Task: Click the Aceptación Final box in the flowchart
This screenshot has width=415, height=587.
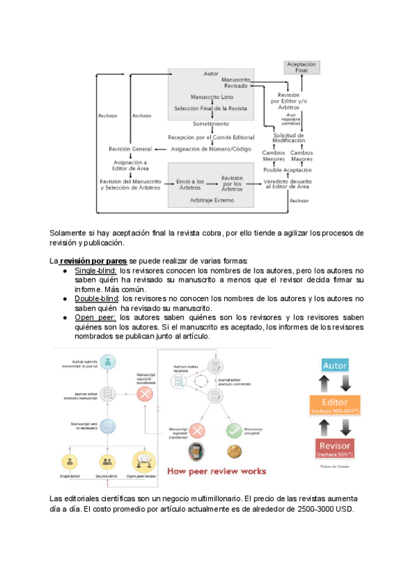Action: coord(302,67)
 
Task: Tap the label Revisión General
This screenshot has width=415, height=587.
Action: coord(130,149)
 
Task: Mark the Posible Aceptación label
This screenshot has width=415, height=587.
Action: coord(288,170)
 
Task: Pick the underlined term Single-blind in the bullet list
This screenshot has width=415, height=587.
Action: coord(96,270)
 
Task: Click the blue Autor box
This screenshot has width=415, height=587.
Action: coord(335,365)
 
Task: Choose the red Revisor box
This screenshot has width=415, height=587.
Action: coord(335,447)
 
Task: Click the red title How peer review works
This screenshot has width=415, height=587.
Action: coord(214,471)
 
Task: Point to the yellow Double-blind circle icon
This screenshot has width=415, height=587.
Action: coord(107,461)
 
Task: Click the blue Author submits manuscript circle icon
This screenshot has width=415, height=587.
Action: coord(107,361)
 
